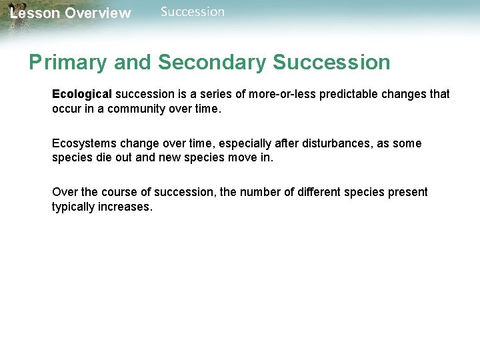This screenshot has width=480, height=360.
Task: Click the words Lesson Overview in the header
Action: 70,13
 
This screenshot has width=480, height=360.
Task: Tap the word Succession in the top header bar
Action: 193,11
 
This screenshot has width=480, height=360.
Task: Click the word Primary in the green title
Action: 67,63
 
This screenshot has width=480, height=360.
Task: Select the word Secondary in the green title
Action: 213,63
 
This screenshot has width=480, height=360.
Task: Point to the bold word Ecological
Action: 82,94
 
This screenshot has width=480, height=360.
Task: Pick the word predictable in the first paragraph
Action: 353,94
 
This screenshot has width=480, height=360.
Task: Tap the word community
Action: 130,109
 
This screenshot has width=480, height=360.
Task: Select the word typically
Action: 75,207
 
